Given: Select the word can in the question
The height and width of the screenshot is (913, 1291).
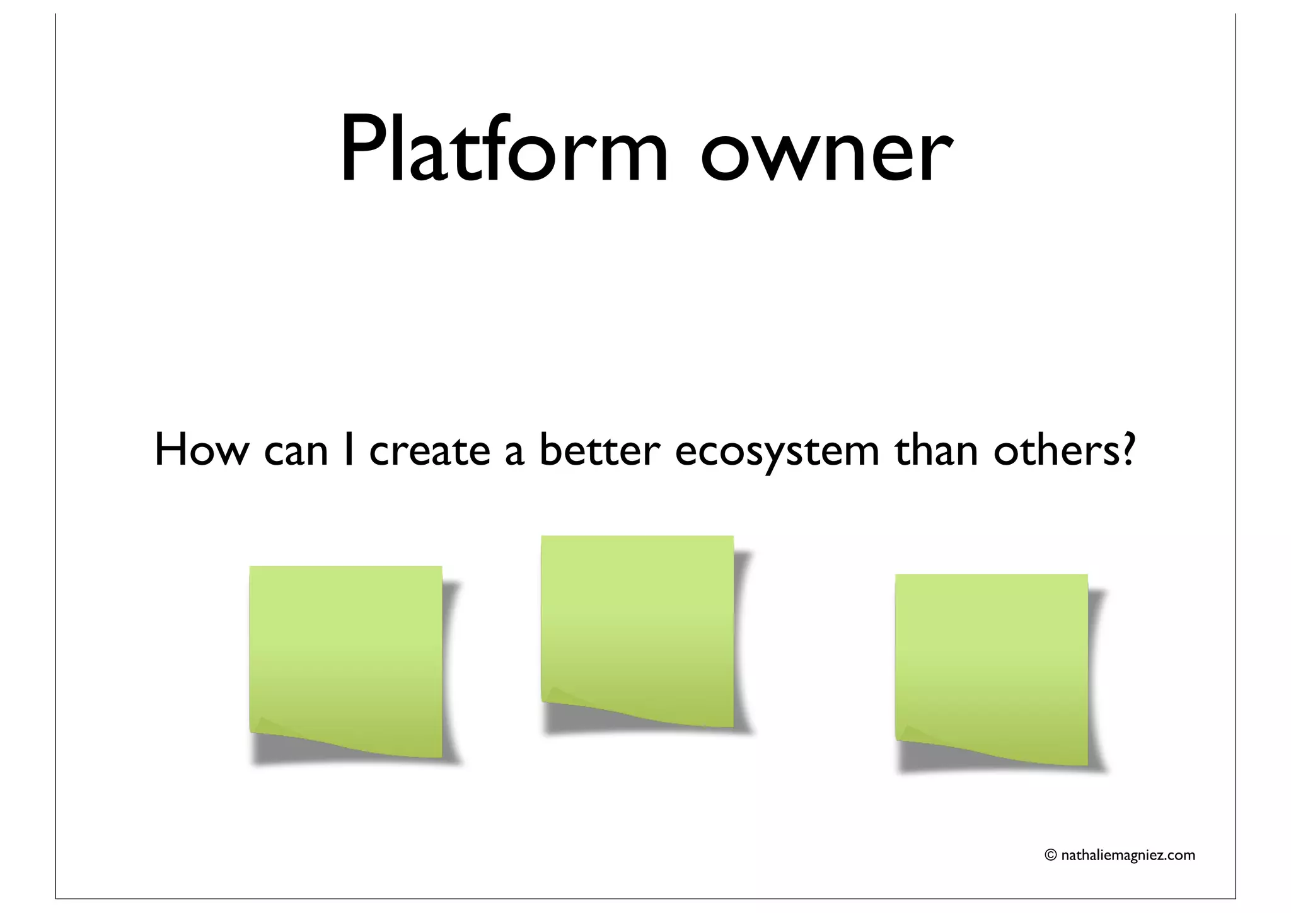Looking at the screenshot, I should coord(296,453).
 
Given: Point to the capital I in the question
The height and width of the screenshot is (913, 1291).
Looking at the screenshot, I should coord(348,450).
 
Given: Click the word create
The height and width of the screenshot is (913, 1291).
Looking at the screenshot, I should coord(429,451).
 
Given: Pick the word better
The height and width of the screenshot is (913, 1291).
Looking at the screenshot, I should coord(599,450).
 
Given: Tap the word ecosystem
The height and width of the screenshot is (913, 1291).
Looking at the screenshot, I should coord(777,453).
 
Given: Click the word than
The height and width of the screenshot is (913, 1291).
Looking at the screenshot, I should coord(936,450).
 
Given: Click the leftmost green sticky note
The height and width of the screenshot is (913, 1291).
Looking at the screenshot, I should coord(345,656).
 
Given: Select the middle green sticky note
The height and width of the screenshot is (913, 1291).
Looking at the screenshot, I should coord(637,624).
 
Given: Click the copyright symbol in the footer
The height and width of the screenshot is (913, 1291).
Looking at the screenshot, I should coord(1050,855).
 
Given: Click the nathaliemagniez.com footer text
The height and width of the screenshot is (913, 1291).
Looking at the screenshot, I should coord(1128,856).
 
